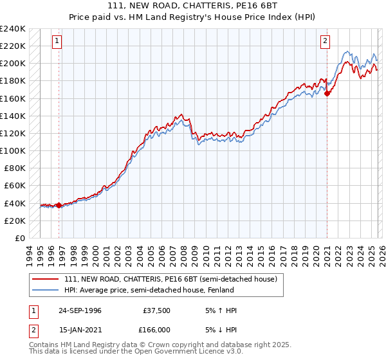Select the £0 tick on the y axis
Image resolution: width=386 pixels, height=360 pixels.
pyautogui.click(x=19, y=238)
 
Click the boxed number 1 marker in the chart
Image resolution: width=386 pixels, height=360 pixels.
pyautogui.click(x=57, y=41)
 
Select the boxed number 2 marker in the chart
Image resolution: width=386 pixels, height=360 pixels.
pyautogui.click(x=326, y=41)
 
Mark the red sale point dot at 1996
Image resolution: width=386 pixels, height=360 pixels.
pyautogui.click(x=59, y=205)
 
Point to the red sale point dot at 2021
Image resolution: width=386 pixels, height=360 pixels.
pyautogui.click(x=327, y=93)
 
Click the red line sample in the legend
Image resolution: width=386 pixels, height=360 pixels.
pyautogui.click(x=46, y=279)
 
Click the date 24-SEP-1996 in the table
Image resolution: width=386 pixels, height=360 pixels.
pyautogui.click(x=80, y=310)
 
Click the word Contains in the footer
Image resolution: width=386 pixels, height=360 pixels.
pyautogui.click(x=44, y=345)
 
